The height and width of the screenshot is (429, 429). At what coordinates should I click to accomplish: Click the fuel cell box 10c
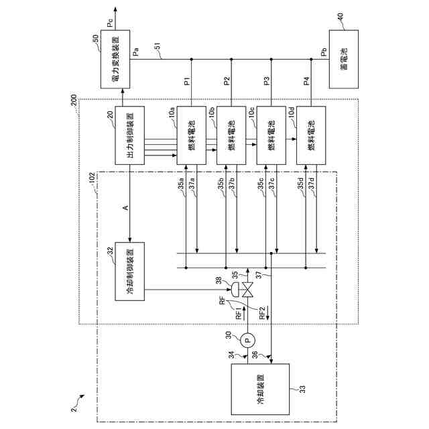coord(271,136)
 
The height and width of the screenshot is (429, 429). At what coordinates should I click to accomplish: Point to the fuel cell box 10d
coord(311,136)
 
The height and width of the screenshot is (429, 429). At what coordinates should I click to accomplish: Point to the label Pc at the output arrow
coord(109,24)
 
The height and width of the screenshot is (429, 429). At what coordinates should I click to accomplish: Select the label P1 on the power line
coord(187,82)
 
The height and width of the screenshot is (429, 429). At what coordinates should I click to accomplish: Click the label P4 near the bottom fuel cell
coord(306,82)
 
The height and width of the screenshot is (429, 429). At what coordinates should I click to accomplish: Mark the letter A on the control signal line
coord(125,208)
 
